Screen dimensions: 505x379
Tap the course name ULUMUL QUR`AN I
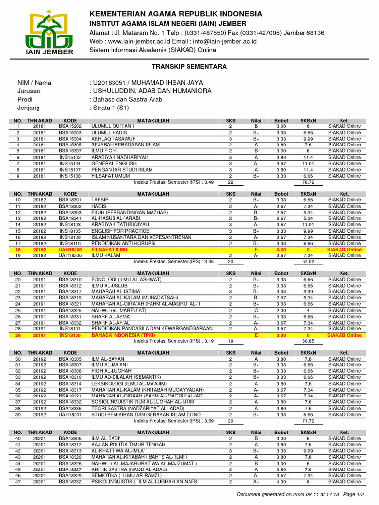tap(113, 126)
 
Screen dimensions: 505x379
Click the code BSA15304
tap(70, 139)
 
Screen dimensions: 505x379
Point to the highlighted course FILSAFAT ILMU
tap(109, 250)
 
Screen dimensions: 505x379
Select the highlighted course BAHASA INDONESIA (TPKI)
tap(123, 335)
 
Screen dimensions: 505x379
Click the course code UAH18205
tap(70, 250)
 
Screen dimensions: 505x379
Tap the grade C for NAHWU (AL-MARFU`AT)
tap(256, 310)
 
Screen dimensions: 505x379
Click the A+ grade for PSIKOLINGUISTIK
tap(256, 482)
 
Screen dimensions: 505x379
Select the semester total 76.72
tap(308, 182)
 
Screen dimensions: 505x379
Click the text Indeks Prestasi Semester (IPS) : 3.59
tap(174, 421)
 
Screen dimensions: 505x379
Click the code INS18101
tap(70, 328)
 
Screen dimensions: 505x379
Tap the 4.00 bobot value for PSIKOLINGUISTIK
tap(281, 482)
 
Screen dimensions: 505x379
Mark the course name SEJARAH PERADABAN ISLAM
tap(125, 145)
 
